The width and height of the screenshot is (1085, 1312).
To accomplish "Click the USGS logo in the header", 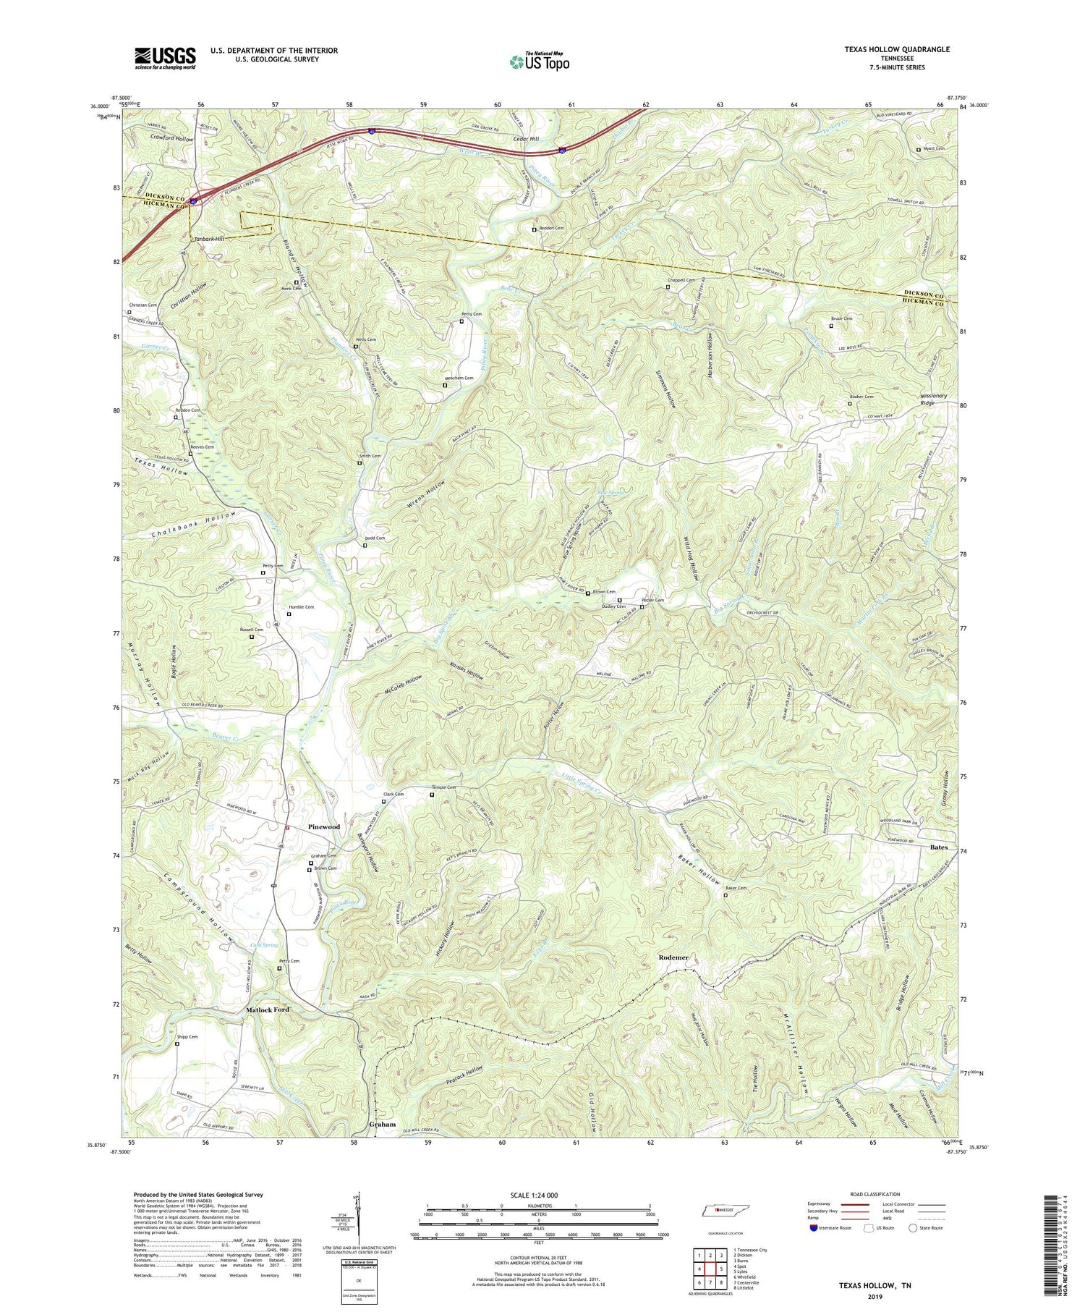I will pyautogui.click(x=165, y=57).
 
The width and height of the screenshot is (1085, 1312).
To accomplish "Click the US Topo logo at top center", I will pyautogui.click(x=539, y=62).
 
